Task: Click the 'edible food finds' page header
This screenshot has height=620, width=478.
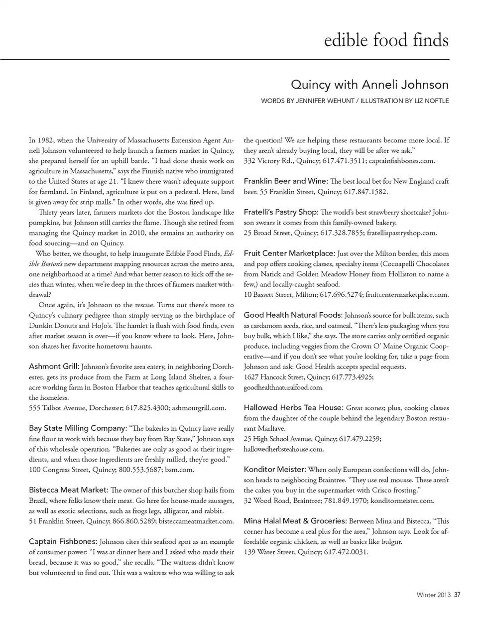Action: click(x=386, y=40)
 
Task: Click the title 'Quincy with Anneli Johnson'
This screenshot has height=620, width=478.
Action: click(x=369, y=85)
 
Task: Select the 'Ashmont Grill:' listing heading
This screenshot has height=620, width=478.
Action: click(x=54, y=367)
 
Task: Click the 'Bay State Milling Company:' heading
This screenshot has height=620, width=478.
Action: click(x=78, y=428)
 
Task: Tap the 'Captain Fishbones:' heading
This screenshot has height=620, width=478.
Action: click(x=63, y=541)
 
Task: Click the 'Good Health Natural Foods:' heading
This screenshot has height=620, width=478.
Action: click(x=293, y=315)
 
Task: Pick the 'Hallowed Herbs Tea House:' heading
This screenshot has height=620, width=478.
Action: click(x=294, y=407)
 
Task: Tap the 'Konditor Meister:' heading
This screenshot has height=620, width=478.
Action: click(x=275, y=469)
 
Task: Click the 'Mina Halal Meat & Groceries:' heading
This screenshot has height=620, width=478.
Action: click(x=295, y=521)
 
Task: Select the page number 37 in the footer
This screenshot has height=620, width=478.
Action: click(x=457, y=594)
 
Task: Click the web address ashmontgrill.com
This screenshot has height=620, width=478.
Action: click(x=199, y=408)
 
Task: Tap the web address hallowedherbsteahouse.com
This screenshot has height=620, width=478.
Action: click(x=284, y=449)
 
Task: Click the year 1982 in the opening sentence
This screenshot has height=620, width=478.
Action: click(x=46, y=140)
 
